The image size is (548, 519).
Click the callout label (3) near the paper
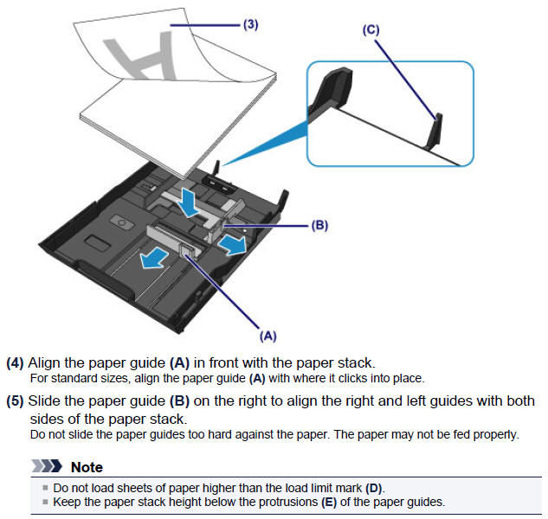pos(248,26)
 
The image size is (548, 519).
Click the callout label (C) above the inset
pos(371,29)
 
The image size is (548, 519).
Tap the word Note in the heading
pos(87,467)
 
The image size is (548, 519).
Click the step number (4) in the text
pos(16,363)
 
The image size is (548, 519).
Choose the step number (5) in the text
pos(16,401)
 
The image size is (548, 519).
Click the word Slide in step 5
pos(45,401)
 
